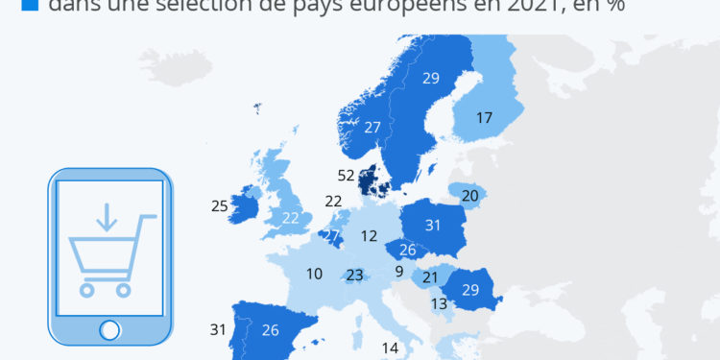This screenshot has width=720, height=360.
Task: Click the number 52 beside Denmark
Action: pyautogui.click(x=347, y=176)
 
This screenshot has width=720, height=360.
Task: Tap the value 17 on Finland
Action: pyautogui.click(x=484, y=118)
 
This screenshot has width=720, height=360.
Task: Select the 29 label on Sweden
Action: pyautogui.click(x=430, y=78)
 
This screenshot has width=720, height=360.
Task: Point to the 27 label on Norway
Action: pyautogui.click(x=373, y=127)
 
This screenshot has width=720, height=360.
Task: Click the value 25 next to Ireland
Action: pyautogui.click(x=220, y=205)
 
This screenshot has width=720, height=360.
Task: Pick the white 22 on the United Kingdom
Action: pyautogui.click(x=291, y=218)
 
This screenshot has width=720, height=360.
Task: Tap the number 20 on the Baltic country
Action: pyautogui.click(x=470, y=196)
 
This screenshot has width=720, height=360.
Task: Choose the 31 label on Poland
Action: pyautogui.click(x=432, y=226)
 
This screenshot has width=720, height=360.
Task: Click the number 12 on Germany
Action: pyautogui.click(x=370, y=235)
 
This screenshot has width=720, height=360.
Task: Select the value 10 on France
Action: pyautogui.click(x=315, y=274)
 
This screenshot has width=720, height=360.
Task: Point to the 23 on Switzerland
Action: pyautogui.click(x=355, y=275)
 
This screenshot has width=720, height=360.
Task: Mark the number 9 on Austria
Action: pyautogui.click(x=398, y=271)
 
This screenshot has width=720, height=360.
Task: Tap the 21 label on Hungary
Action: pyautogui.click(x=431, y=277)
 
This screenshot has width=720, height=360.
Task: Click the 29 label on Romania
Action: pyautogui.click(x=470, y=289)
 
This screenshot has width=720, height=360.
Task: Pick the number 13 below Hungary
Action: pyautogui.click(x=439, y=304)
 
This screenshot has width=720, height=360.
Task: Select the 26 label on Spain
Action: pyautogui.click(x=270, y=330)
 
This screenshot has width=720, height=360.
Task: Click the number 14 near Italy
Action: pyautogui.click(x=389, y=348)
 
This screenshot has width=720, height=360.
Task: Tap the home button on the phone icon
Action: pyautogui.click(x=109, y=329)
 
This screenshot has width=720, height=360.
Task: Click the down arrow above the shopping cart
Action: pyautogui.click(x=106, y=217)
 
